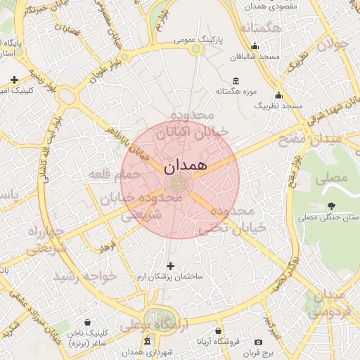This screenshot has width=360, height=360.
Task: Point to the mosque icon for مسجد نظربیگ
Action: pyautogui.click(x=278, y=95)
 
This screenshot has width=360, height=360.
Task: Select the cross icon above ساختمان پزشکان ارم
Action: pyautogui.click(x=170, y=266)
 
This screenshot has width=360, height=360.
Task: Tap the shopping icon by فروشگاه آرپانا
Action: pyautogui.click(x=219, y=330)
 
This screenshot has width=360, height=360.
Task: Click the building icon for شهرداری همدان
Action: pyautogui.click(x=146, y=341)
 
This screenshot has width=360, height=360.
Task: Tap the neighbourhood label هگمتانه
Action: pyautogui.click(x=260, y=28)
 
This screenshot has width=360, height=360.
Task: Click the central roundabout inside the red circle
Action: pyautogui.click(x=178, y=184)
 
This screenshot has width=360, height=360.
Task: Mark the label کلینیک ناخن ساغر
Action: pyautogui.click(x=86, y=337)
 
